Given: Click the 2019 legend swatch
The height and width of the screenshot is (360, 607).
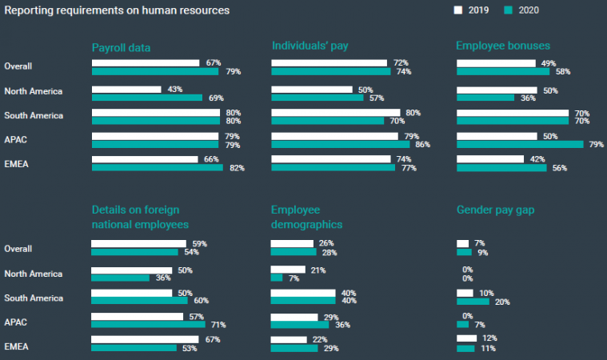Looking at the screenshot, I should click(458, 10).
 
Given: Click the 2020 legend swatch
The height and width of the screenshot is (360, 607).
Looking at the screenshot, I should click(508, 10).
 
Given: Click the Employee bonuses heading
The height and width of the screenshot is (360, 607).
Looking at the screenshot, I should click(503, 46).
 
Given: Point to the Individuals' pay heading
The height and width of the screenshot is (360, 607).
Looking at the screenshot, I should click(309, 46).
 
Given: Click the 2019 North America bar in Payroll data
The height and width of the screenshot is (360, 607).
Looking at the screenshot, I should click(126, 89).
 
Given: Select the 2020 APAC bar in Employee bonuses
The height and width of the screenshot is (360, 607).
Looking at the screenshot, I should click(520, 145).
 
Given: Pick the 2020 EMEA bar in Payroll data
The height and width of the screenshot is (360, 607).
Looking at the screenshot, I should click(157, 168).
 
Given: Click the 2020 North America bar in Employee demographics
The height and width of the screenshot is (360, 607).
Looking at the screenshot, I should click(277, 278).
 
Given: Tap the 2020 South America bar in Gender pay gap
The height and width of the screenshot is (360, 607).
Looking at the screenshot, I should click(473, 302).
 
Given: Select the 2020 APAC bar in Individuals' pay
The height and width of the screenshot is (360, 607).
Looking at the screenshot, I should click(341, 145).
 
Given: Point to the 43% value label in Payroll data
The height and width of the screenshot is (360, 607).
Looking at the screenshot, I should click(173, 89).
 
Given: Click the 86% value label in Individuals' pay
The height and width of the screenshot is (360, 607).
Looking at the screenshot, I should click(421, 145).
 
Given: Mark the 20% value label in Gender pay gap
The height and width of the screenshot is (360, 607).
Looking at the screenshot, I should click(502, 302).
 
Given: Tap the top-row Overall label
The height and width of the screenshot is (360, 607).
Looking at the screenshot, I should click(18, 66).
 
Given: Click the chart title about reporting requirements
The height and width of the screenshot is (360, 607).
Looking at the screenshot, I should click(117, 10).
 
